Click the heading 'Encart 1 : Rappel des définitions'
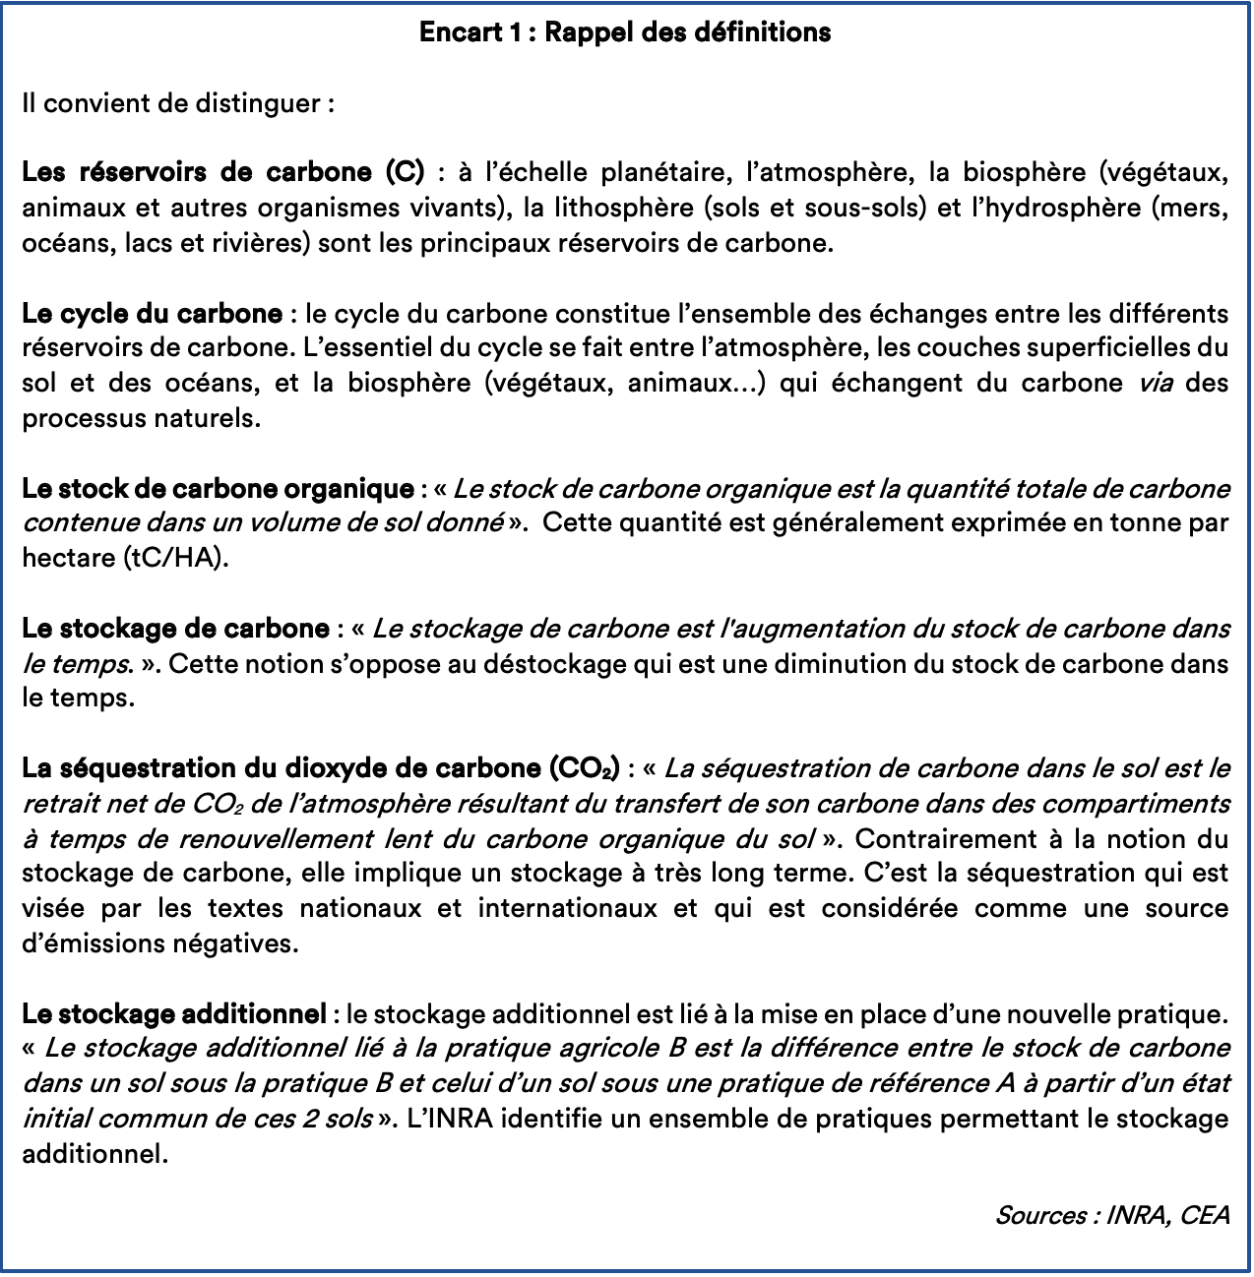625,32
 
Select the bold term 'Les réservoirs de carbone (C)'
222,172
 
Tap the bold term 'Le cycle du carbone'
152,314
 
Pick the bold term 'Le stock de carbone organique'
218,488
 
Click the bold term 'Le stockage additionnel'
174,1013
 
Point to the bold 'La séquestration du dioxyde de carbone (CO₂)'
321,767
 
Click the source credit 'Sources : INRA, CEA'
1112,1215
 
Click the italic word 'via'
1155,383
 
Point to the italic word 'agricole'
614,1048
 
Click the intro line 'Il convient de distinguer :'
178,103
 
